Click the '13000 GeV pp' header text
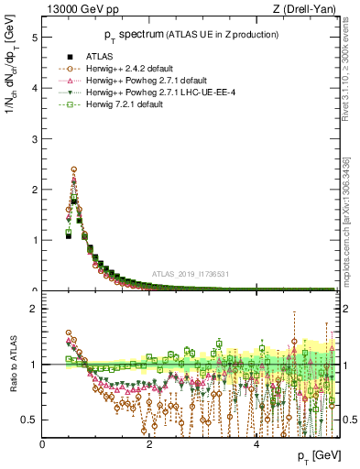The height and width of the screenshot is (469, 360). point(74,8)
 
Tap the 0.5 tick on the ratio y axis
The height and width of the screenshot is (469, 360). point(30,420)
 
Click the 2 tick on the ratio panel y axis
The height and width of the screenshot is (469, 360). point(34,309)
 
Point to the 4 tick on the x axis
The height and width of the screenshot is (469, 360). point(256,444)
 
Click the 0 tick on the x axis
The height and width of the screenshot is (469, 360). point(43,444)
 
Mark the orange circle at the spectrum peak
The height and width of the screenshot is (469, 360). point(73,169)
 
